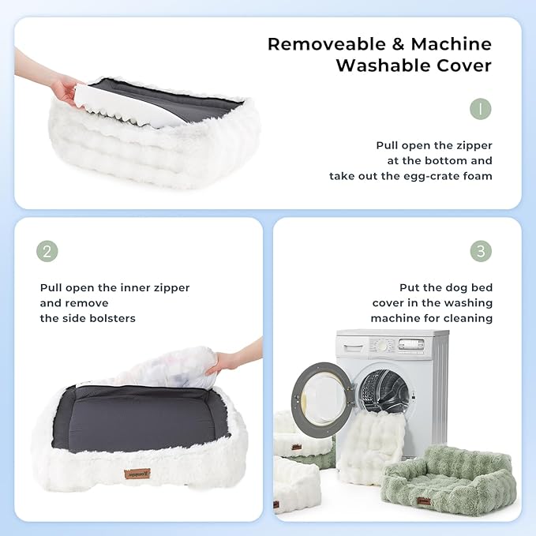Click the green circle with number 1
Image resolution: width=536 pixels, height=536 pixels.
(x=481, y=109)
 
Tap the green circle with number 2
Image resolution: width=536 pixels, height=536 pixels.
(x=47, y=251)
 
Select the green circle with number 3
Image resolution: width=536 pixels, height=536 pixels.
(x=481, y=251)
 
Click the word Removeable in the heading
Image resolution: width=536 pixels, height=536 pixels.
(x=327, y=44)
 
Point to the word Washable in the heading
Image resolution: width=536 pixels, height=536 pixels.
(x=383, y=66)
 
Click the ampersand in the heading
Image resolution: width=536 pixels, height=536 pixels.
(x=398, y=44)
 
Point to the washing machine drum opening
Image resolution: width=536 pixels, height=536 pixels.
(x=385, y=391)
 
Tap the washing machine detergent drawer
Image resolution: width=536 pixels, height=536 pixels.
(x=354, y=348)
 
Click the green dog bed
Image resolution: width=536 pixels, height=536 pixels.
(x=448, y=480)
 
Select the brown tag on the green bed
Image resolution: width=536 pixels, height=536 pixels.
(x=424, y=501)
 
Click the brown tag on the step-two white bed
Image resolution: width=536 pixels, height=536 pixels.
(x=137, y=474)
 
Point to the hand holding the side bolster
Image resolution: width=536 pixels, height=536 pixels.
(x=235, y=358)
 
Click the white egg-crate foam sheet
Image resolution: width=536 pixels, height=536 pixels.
(x=130, y=106)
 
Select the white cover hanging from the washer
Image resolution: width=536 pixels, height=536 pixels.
(x=371, y=444)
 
